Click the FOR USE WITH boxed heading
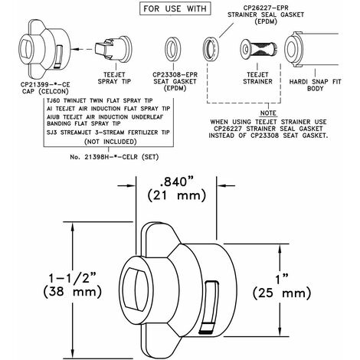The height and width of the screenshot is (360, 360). pyautogui.click(x=175, y=8)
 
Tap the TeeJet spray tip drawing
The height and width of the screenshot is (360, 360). pyautogui.click(x=114, y=48)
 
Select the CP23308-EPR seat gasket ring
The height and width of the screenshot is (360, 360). pyautogui.click(x=173, y=49)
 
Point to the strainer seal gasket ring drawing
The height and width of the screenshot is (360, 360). pyautogui.click(x=211, y=49)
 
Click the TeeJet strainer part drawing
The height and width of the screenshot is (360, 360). pyautogui.click(x=258, y=49)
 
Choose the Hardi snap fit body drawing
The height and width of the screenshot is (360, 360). pyautogui.click(x=312, y=49)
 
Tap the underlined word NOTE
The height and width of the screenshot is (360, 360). pyautogui.click(x=268, y=113)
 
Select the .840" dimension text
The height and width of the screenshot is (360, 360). pyautogui.click(x=176, y=182)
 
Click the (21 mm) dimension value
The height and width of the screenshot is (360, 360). pyautogui.click(x=176, y=195)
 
